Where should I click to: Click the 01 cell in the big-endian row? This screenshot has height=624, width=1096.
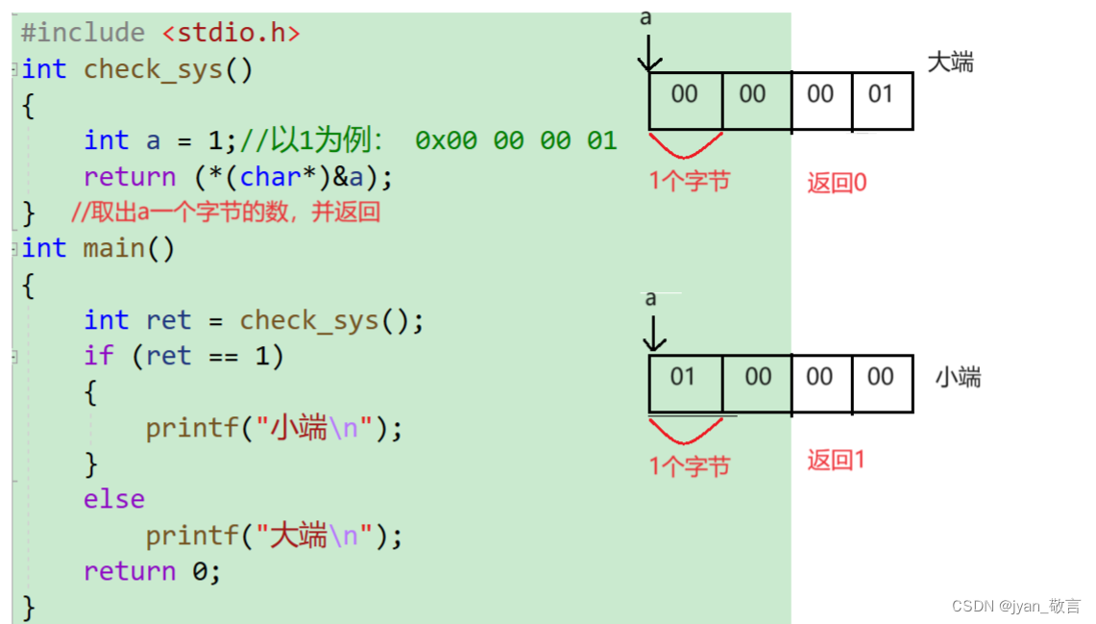[x=881, y=94]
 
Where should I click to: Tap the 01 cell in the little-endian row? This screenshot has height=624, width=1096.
[x=683, y=377]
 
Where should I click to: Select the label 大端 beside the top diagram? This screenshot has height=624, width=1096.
[x=950, y=63]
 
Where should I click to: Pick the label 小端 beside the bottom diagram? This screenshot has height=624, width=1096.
[x=958, y=378]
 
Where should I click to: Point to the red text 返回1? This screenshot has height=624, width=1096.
[x=836, y=461]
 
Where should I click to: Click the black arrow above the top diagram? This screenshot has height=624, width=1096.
[x=650, y=54]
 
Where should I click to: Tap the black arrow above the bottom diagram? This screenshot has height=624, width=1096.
[x=653, y=334]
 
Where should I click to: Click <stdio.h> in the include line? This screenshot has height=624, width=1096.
[x=231, y=33]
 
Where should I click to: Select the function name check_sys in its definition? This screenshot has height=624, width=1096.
[x=153, y=69]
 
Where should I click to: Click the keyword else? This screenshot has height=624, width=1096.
[x=114, y=499]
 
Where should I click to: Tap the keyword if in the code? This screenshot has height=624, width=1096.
[x=98, y=356]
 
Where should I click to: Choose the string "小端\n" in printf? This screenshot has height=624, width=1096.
[x=314, y=428]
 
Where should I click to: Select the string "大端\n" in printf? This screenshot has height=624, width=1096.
[x=314, y=536]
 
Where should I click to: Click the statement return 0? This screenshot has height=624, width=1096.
[x=152, y=571]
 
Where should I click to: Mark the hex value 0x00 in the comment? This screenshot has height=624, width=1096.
[x=446, y=141]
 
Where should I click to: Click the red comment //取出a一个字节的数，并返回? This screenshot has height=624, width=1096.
[x=226, y=212]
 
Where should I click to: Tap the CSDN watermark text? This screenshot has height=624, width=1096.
[x=1015, y=607]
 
